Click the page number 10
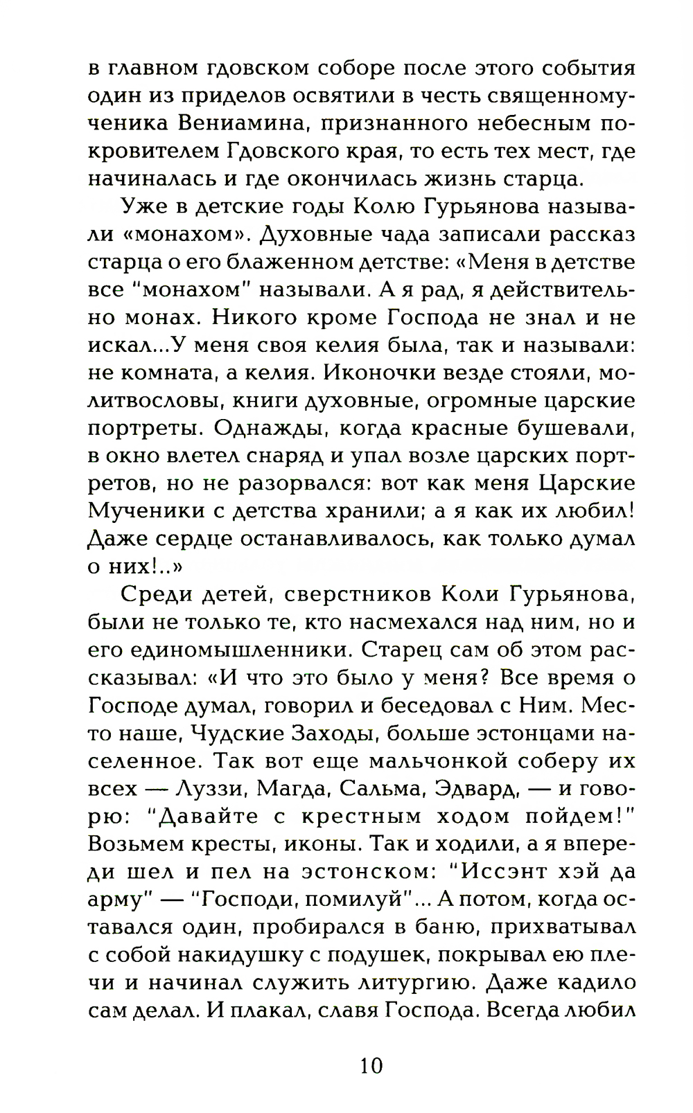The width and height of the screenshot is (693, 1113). click(x=371, y=1064)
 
